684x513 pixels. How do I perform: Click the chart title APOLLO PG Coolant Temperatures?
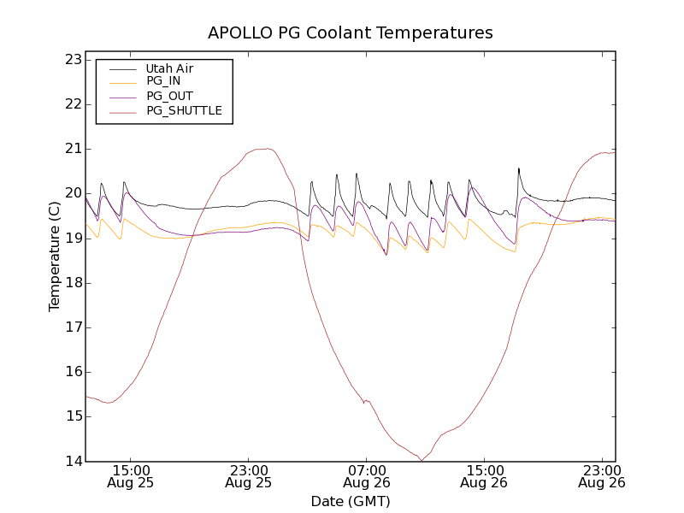click(x=351, y=33)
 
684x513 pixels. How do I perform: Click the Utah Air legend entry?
click(x=169, y=68)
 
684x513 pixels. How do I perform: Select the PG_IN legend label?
click(x=163, y=81)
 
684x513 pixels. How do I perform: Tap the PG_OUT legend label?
click(x=169, y=96)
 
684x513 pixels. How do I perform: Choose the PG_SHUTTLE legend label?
click(x=184, y=110)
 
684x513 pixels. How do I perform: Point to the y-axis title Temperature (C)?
click(x=55, y=256)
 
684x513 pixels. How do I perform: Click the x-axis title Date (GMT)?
click(x=351, y=501)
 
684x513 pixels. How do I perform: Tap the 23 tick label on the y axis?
click(x=72, y=60)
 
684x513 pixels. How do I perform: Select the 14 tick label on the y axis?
click(x=72, y=461)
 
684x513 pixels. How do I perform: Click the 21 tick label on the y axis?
click(x=72, y=149)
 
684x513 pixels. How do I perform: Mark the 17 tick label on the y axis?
click(x=72, y=327)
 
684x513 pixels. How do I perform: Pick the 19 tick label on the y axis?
click(x=72, y=239)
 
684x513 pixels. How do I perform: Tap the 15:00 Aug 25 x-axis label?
click(x=130, y=476)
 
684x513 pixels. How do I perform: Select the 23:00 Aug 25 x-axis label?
click(x=248, y=476)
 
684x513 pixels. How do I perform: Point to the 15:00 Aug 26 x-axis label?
click(x=484, y=476)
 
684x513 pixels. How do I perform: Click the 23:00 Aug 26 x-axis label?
click(x=601, y=476)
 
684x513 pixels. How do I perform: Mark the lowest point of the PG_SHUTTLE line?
click(x=421, y=461)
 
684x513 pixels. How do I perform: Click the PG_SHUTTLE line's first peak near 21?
click(x=268, y=149)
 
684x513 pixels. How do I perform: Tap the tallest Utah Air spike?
click(x=518, y=168)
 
